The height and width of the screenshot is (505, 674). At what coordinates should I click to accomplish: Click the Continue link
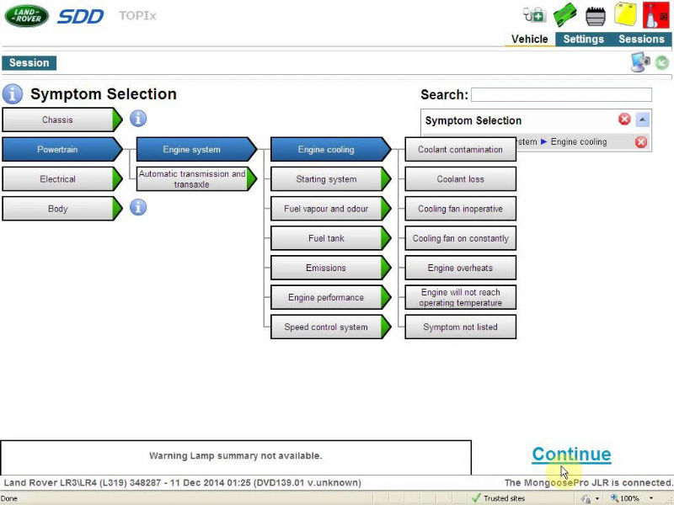[x=571, y=454]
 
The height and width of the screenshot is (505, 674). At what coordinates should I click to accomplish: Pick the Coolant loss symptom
[x=460, y=179]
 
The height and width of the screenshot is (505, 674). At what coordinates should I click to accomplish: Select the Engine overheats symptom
[x=460, y=268]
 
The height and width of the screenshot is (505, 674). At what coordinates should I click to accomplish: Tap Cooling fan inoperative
[x=460, y=209]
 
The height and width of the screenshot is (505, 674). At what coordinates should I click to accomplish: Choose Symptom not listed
[x=460, y=327]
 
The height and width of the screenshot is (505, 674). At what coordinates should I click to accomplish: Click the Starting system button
[x=330, y=179]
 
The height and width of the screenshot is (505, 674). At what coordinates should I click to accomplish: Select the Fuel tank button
[x=330, y=238]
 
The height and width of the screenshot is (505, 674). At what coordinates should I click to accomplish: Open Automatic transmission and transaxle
[x=196, y=179]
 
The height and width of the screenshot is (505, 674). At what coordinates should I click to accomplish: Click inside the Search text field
[x=561, y=94]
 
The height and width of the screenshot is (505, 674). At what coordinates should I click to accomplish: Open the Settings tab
[x=583, y=39]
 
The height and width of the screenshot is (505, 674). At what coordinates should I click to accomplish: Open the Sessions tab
[x=641, y=39]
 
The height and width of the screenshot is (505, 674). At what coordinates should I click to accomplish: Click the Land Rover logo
[x=27, y=16]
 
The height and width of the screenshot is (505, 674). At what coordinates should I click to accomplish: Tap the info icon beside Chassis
[x=138, y=119]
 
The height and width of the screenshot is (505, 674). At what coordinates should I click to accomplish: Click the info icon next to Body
[x=138, y=207]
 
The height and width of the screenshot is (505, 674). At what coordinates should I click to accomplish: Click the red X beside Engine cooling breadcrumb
[x=641, y=142]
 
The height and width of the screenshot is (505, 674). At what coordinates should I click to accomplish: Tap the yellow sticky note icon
[x=625, y=14]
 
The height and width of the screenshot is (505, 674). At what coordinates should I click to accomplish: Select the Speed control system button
[x=330, y=327]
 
